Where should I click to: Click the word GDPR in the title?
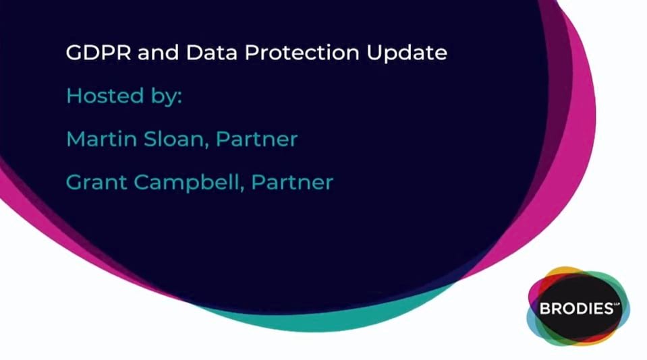click(x=99, y=53)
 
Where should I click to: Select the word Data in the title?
click(x=211, y=53)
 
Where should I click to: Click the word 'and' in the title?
click(x=159, y=53)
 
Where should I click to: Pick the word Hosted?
click(x=105, y=96)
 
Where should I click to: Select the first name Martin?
click(x=101, y=139)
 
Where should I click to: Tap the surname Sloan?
click(x=173, y=139)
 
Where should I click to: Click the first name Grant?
click(x=96, y=182)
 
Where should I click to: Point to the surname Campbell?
click(x=186, y=182)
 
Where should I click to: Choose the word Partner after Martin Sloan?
click(x=256, y=139)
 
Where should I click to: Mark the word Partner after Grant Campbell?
click(x=292, y=182)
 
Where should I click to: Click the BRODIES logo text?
click(x=576, y=309)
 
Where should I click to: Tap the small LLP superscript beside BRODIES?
click(x=617, y=304)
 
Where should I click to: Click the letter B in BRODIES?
click(x=544, y=309)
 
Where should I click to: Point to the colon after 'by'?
click(x=179, y=98)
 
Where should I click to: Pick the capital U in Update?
click(x=374, y=53)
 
